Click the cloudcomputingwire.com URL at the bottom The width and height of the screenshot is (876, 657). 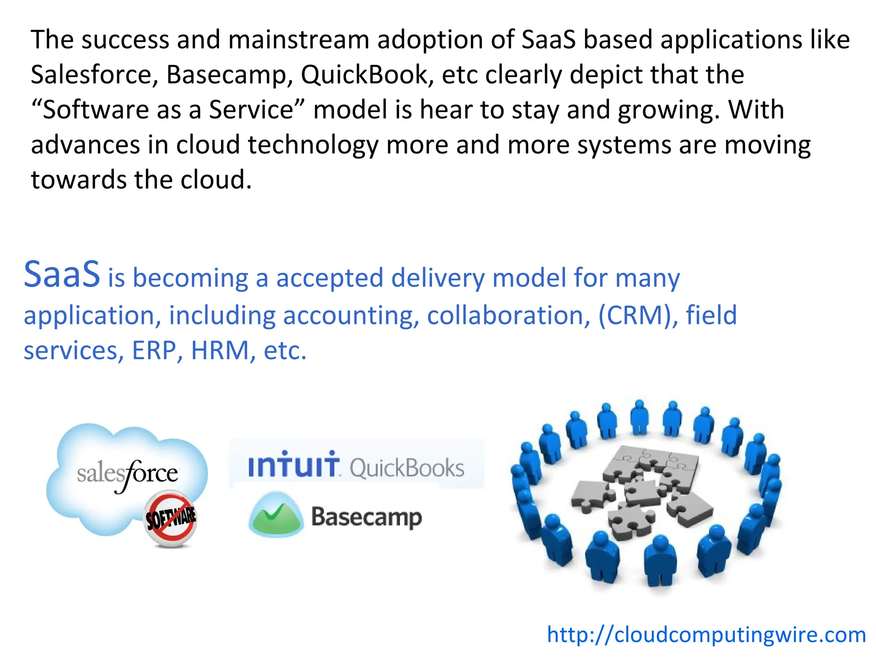(706, 635)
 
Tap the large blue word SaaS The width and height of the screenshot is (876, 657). (62, 275)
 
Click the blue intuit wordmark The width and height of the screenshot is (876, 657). (294, 465)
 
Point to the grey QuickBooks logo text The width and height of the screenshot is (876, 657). (407, 468)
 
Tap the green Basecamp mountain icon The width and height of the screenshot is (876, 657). (276, 515)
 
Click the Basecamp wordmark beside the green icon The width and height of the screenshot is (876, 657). (366, 517)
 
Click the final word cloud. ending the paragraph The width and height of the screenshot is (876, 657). (216, 180)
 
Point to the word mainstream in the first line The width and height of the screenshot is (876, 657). (299, 40)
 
